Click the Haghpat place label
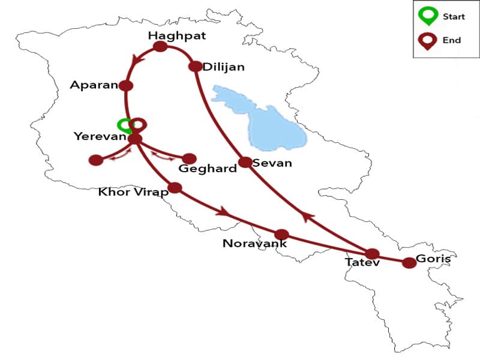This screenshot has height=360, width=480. [177, 36]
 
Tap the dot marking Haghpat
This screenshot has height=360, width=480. [160, 47]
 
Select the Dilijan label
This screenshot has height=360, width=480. [224, 67]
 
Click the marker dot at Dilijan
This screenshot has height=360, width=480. [195, 67]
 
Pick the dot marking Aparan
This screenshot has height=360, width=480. [126, 86]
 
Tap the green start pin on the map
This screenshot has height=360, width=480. [125, 125]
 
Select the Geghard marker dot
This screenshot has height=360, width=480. [189, 158]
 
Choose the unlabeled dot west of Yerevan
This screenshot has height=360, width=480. [95, 160]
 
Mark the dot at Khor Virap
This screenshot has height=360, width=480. [175, 188]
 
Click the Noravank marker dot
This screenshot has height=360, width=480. [281, 235]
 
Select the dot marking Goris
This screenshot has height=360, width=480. [409, 263]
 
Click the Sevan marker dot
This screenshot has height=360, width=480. [245, 162]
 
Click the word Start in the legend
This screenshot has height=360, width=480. [454, 17]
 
